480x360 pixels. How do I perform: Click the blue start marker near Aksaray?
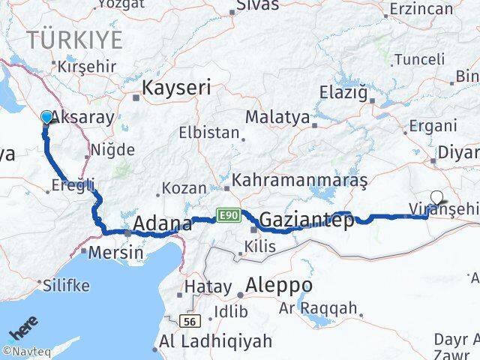(x=47, y=117)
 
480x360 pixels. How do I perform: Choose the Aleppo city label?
(x=279, y=286)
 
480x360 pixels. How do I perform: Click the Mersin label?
(x=115, y=253)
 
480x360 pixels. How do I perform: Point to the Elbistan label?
(x=208, y=133)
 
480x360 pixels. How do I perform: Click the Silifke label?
(x=66, y=285)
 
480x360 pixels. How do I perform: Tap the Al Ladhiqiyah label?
(x=215, y=342)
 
